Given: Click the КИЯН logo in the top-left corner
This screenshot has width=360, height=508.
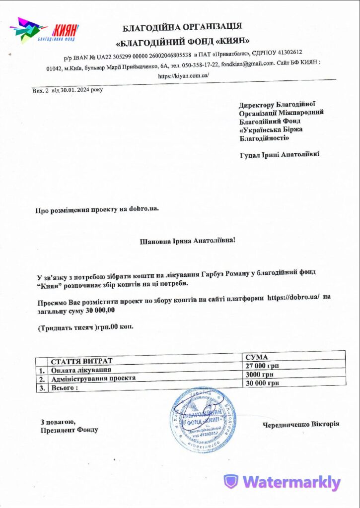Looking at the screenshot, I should coord(45,31).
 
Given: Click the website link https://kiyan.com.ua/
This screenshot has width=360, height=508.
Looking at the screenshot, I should coord(183,76).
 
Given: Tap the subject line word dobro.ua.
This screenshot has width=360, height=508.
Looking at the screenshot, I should coord(144,209).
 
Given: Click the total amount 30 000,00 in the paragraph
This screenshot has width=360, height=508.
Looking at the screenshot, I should coord(100,311).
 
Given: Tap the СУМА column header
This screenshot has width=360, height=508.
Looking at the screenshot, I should coord(257,357).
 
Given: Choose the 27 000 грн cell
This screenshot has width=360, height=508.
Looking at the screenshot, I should coord(262,366).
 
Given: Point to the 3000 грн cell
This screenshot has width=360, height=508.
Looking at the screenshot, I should coord(260,375).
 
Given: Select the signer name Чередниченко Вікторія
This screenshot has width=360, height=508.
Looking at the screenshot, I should coord(301,424).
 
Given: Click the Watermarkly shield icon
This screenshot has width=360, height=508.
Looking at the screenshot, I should coord(231,482).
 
